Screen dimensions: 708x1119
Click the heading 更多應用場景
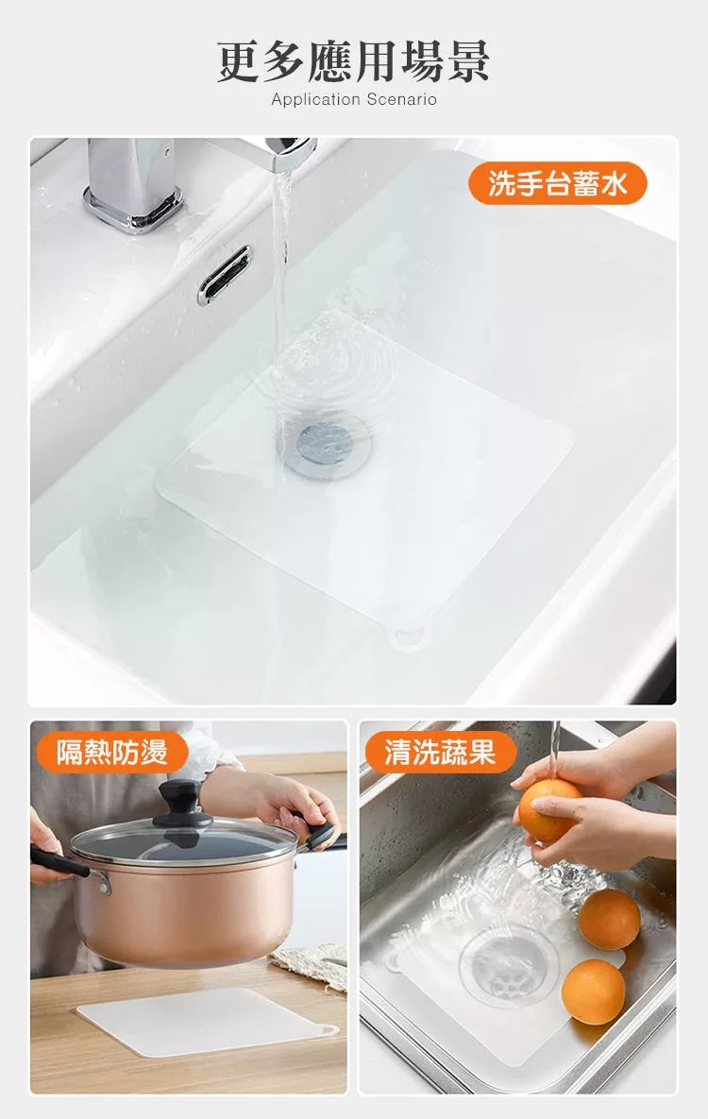point(353,61)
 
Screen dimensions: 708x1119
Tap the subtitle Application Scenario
point(353,99)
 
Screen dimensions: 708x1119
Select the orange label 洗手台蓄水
point(557,183)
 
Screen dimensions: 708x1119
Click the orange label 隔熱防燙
point(112,752)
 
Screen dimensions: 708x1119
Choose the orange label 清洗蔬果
point(440,752)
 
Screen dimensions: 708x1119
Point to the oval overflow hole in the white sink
point(225,275)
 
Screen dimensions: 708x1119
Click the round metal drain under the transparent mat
point(326,444)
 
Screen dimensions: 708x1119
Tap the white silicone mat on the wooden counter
point(206,1021)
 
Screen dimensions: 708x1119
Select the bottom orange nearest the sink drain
point(593,992)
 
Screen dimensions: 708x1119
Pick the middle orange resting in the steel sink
point(609,919)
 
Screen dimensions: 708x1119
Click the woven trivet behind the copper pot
point(309,965)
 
